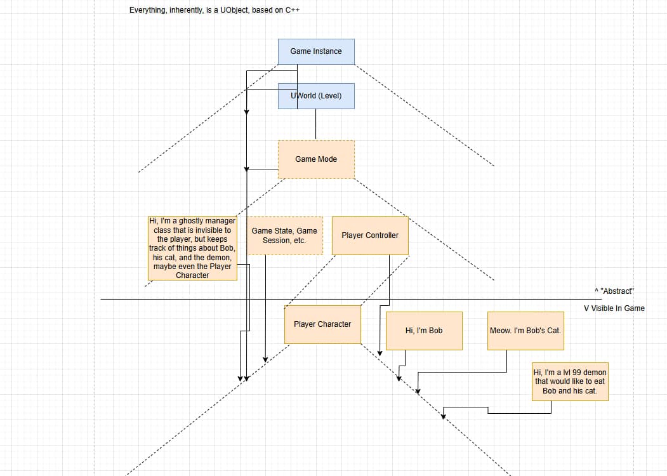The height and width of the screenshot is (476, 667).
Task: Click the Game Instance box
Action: (316, 51)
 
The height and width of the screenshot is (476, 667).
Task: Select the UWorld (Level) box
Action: (316, 96)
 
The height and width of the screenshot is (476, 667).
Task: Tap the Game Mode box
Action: (316, 159)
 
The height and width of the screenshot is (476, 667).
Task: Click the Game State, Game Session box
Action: (284, 235)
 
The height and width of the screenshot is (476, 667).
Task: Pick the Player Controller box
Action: (370, 235)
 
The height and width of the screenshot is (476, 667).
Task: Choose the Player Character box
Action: (322, 324)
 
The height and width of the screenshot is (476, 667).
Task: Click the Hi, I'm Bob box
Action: (424, 331)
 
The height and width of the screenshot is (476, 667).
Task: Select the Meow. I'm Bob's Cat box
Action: (525, 331)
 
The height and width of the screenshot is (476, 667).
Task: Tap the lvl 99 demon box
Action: (570, 382)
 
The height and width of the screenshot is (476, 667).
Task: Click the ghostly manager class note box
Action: (192, 248)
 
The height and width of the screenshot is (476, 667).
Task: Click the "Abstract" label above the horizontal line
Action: (614, 291)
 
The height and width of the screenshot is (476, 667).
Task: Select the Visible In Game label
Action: (614, 308)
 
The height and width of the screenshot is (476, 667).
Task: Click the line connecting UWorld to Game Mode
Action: (316, 124)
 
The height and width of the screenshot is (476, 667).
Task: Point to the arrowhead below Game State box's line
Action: (265, 359)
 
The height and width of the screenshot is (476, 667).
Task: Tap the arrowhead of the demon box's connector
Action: (444, 416)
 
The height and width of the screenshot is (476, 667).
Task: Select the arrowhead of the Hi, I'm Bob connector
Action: (399, 378)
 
